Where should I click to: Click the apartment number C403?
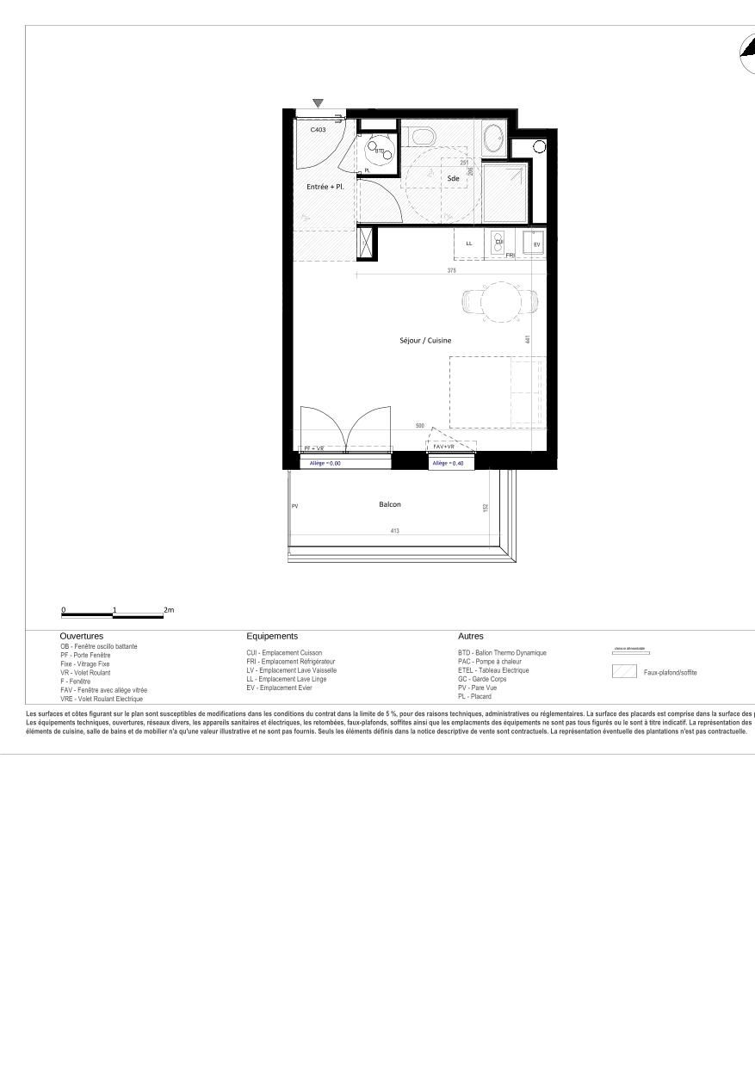pyautogui.click(x=319, y=129)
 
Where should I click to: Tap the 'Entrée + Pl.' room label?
pyautogui.click(x=325, y=186)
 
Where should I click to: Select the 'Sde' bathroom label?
pyautogui.click(x=453, y=178)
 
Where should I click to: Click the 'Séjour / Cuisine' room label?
pyautogui.click(x=425, y=341)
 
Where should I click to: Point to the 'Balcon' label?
pyautogui.click(x=390, y=504)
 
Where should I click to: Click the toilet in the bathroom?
pyautogui.click(x=422, y=136)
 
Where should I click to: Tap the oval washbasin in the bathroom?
pyautogui.click(x=493, y=138)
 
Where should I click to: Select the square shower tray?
pyautogui.click(x=505, y=192)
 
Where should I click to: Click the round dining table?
pyautogui.click(x=499, y=301)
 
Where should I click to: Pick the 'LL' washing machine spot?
pyautogui.click(x=469, y=244)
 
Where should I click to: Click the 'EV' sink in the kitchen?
pyautogui.click(x=535, y=244)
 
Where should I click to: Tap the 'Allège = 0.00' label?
pyautogui.click(x=326, y=463)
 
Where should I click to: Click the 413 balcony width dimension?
pyautogui.click(x=395, y=531)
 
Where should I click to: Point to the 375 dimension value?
pyautogui.click(x=452, y=271)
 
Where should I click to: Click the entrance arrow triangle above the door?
pyautogui.click(x=319, y=103)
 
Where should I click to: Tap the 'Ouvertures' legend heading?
pyautogui.click(x=82, y=636)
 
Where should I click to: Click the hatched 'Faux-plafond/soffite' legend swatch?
pyautogui.click(x=624, y=672)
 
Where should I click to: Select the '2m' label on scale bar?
pyautogui.click(x=169, y=610)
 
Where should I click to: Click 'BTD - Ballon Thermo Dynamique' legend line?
pyautogui.click(x=502, y=653)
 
